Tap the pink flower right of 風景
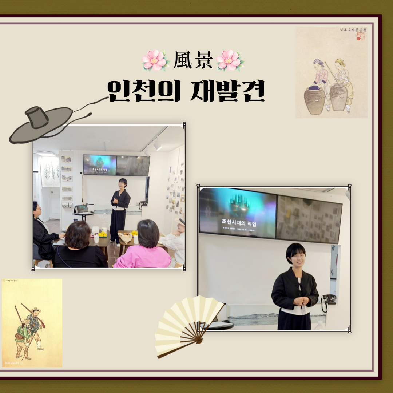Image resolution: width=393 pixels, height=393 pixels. [230, 60]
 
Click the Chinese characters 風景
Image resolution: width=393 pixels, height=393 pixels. [192, 60]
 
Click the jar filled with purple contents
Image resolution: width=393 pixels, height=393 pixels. [314, 99]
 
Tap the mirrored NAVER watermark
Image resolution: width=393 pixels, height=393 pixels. [11, 362]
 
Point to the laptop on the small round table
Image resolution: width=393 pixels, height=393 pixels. [82, 209]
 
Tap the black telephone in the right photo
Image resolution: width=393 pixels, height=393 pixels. [330, 300]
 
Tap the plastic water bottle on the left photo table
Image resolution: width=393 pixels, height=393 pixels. [96, 238]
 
